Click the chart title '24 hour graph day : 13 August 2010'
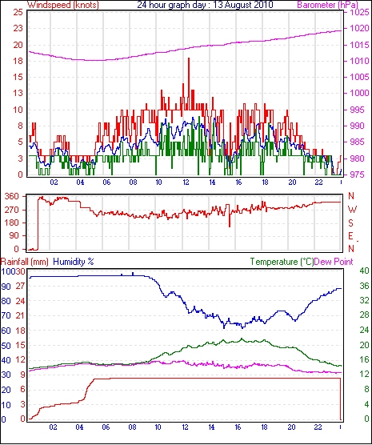tap(205, 5)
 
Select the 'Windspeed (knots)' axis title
tap(63, 5)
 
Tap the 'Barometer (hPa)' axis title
tap(327, 5)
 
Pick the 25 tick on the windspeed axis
tap(18, 12)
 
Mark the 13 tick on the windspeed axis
tap(18, 93)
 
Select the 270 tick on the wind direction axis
tap(12, 210)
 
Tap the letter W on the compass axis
tap(352, 210)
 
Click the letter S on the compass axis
tap(351, 223)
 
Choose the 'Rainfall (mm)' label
tap(25, 262)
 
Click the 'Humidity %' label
tap(74, 262)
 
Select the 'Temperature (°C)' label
tap(282, 262)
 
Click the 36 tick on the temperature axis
tap(365, 286)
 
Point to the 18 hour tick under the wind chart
tap(265, 182)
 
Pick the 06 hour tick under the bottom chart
tap(106, 427)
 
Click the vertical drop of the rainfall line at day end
tap(340, 399)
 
